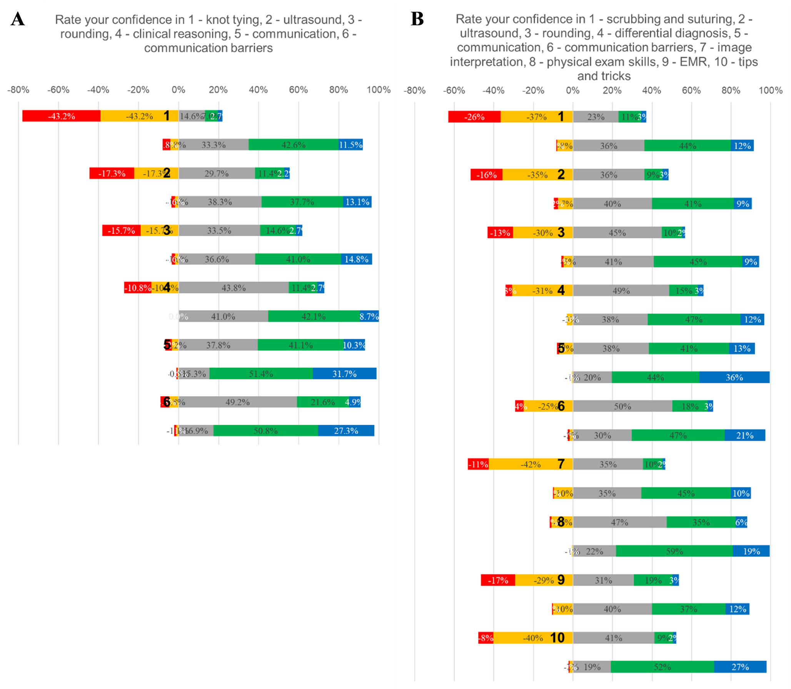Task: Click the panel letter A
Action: pyautogui.click(x=18, y=19)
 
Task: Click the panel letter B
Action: pyautogui.click(x=417, y=19)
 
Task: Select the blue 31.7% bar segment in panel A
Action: pyautogui.click(x=344, y=374)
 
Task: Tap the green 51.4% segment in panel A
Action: pyautogui.click(x=261, y=374)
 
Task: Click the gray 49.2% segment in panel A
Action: pyautogui.click(x=237, y=402)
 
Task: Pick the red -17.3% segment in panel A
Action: pyautogui.click(x=112, y=173)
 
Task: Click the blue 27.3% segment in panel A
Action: pyautogui.click(x=346, y=430)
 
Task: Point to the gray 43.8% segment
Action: pyautogui.click(x=234, y=287)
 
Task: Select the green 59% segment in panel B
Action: pyautogui.click(x=674, y=551)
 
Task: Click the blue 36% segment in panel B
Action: pyautogui.click(x=734, y=377)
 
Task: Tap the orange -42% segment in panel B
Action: pyautogui.click(x=531, y=464)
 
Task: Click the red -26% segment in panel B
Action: pyautogui.click(x=474, y=117)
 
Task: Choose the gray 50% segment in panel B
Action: pyautogui.click(x=622, y=406)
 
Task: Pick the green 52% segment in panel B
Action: pyautogui.click(x=662, y=667)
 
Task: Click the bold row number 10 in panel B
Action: pyautogui.click(x=557, y=637)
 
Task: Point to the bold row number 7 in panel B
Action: pyautogui.click(x=561, y=464)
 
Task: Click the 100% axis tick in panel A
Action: pyautogui.click(x=379, y=90)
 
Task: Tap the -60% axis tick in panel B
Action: pyautogui.click(x=454, y=90)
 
